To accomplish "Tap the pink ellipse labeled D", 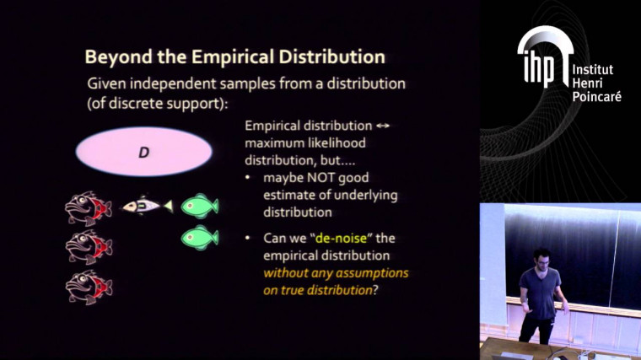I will (143, 152).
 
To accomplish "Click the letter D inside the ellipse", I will (143, 152).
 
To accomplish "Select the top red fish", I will (89, 207).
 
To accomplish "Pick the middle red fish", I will (89, 246).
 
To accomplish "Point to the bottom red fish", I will (89, 287).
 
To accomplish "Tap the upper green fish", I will (200, 205).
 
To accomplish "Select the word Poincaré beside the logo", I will (596, 97).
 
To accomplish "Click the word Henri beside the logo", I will (587, 83).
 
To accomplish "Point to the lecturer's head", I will (541, 257).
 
